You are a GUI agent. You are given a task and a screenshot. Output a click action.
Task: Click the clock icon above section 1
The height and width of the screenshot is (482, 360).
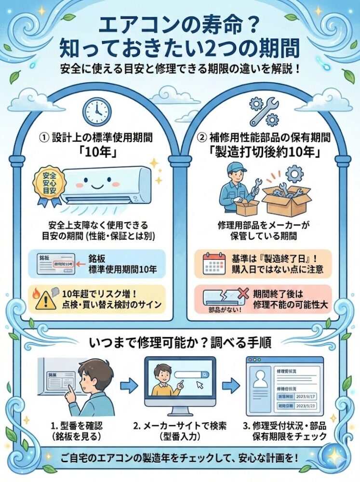coord(94,112)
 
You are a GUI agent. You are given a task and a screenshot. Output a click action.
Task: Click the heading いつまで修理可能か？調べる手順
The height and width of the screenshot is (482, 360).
coord(180,343)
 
